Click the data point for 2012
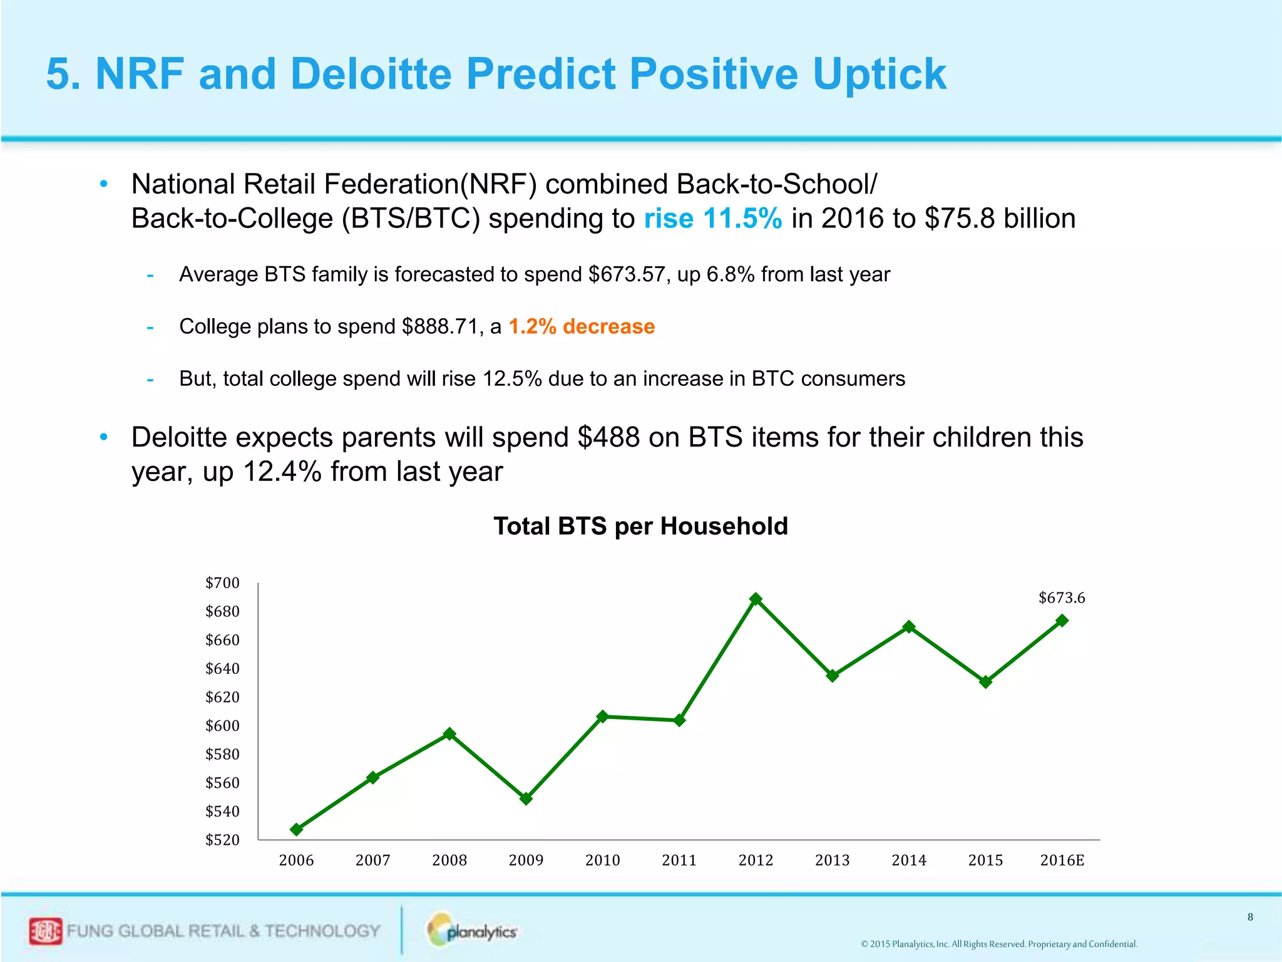pos(756,599)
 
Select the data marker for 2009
pos(526,799)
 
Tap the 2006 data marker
pos(297,829)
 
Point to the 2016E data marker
pos(1062,621)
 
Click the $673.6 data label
pos(1062,597)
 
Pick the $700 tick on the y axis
pos(222,583)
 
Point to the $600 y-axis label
pos(222,726)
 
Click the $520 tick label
pos(222,840)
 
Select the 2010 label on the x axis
pos(602,861)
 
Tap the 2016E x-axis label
pos(1062,861)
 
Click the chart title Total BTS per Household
pos(640,526)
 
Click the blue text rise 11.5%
pos(712,219)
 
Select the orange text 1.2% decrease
pos(581,326)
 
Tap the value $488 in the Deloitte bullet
pos(608,437)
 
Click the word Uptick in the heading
pos(879,74)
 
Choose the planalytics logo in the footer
pos(473,931)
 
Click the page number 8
pos(1250,917)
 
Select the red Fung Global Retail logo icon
pos(45,931)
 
